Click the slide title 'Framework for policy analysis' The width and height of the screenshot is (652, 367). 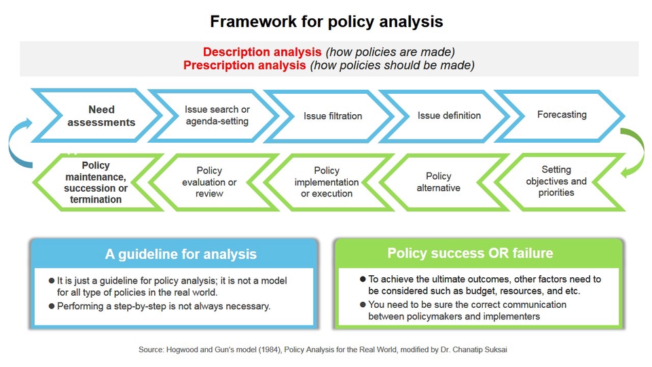[x=326, y=22]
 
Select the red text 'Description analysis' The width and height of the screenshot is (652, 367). [x=262, y=52]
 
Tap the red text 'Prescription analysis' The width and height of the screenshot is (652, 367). [x=244, y=66]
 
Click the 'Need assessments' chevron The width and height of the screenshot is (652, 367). [x=102, y=116]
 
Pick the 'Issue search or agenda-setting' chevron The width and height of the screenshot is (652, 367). [x=217, y=116]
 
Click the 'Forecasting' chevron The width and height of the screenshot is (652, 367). [x=562, y=115]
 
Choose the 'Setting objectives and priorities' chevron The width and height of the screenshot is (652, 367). [x=556, y=181]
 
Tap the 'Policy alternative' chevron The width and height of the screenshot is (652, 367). [x=438, y=182]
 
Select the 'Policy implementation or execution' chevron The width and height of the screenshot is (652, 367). [x=327, y=182]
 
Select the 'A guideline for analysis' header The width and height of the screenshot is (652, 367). [x=181, y=255]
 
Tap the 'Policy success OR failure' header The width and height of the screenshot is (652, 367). [x=470, y=254]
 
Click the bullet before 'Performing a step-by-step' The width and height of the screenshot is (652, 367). [x=52, y=306]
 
